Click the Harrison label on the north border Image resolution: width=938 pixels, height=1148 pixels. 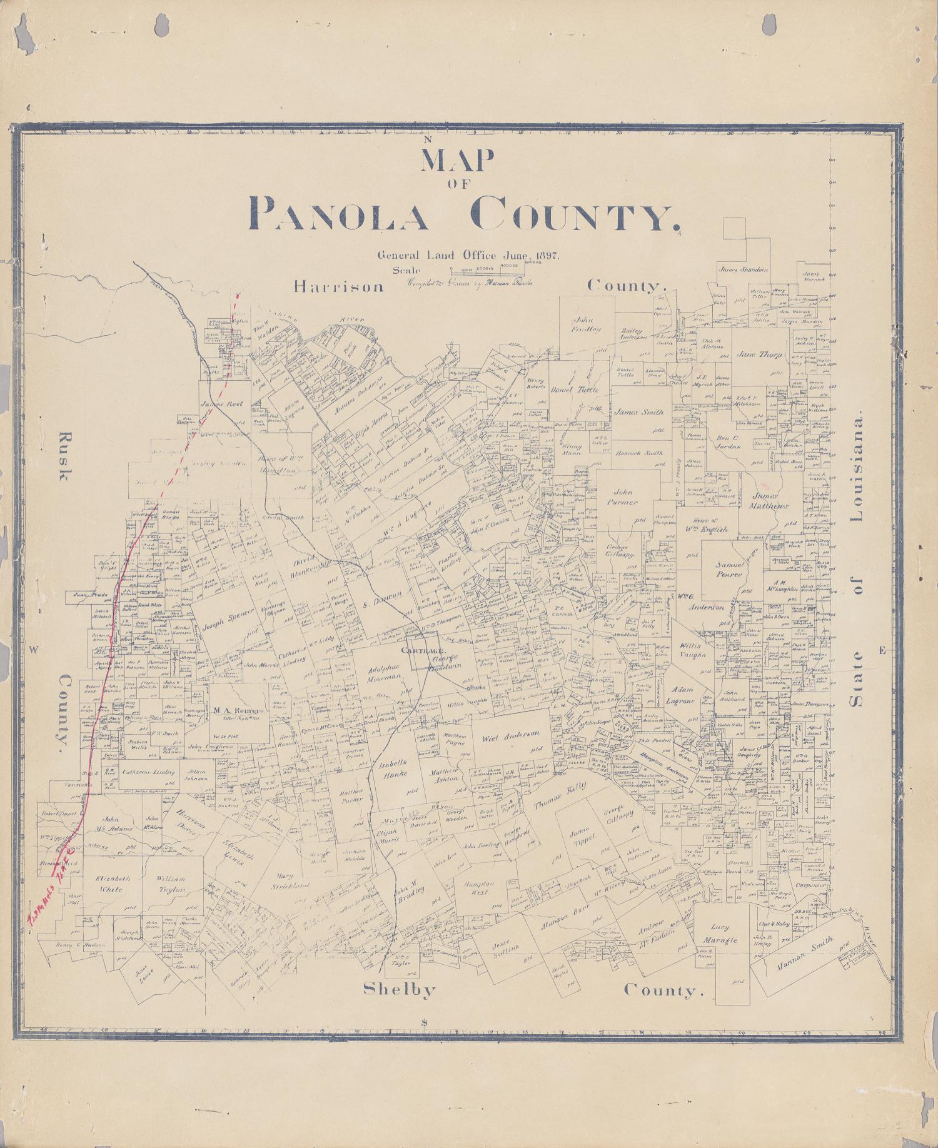338,286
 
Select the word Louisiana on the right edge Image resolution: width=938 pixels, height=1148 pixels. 856,466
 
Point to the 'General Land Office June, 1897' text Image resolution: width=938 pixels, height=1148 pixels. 468,255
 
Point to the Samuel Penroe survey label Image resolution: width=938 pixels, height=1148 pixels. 729,570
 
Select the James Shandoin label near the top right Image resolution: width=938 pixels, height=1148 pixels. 744,270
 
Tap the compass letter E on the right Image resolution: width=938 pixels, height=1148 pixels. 882,651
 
